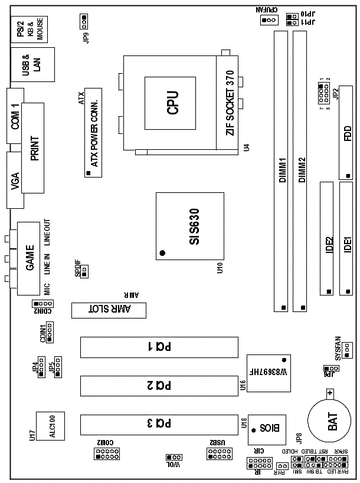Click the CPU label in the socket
[x=172, y=102]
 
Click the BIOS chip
[x=264, y=426]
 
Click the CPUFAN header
[x=269, y=19]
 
